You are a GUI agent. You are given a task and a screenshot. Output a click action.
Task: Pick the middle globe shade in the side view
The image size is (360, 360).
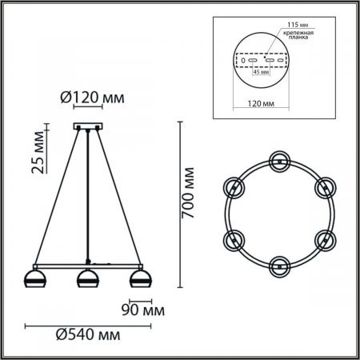(86, 280)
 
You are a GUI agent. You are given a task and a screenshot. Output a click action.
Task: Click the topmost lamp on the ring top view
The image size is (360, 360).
(279, 160)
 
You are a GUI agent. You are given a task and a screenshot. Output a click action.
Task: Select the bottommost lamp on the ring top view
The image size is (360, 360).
(279, 264)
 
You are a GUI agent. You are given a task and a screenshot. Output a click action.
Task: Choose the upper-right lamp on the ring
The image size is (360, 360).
(324, 186)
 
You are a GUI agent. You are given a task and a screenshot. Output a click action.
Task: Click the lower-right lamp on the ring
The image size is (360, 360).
(324, 238)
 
